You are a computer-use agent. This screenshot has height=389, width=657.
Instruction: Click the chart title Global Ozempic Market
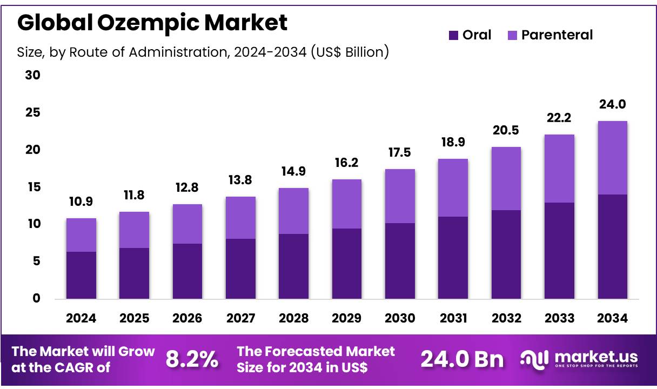pyautogui.click(x=152, y=23)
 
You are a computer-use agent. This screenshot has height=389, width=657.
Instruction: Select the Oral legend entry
pyautogui.click(x=470, y=35)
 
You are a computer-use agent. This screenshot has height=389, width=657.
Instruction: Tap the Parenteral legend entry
pyautogui.click(x=550, y=35)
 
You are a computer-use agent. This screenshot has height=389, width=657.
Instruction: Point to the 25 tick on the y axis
pyautogui.click(x=33, y=112)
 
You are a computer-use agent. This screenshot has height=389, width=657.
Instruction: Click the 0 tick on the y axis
pyautogui.click(x=36, y=298)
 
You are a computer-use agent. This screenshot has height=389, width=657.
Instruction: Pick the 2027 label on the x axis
pyautogui.click(x=240, y=318)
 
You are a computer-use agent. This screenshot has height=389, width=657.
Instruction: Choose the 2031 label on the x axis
pyautogui.click(x=453, y=318)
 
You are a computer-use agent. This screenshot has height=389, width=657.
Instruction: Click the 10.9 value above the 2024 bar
pyautogui.click(x=81, y=202)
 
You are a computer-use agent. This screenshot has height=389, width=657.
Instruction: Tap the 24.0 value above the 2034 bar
pyautogui.click(x=613, y=104)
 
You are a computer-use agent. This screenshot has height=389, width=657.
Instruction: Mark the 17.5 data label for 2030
pyautogui.click(x=400, y=152)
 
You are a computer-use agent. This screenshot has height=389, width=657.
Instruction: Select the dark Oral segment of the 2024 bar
pyautogui.click(x=81, y=275)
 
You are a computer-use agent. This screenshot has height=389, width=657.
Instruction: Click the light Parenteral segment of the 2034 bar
pyautogui.click(x=613, y=157)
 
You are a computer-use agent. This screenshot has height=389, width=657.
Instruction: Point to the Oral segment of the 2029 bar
pyautogui.click(x=347, y=263)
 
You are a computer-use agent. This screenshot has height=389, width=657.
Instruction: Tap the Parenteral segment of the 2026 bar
pyautogui.click(x=187, y=224)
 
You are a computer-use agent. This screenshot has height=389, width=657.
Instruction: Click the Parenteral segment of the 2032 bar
pyautogui.click(x=506, y=178)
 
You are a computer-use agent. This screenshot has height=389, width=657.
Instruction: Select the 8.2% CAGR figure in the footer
pyautogui.click(x=192, y=359)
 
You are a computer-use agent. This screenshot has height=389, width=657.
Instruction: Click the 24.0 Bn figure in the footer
pyautogui.click(x=462, y=359)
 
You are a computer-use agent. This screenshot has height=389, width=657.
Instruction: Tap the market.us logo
pyautogui.click(x=579, y=359)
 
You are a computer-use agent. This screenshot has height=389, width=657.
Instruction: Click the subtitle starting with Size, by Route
pyautogui.click(x=203, y=52)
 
